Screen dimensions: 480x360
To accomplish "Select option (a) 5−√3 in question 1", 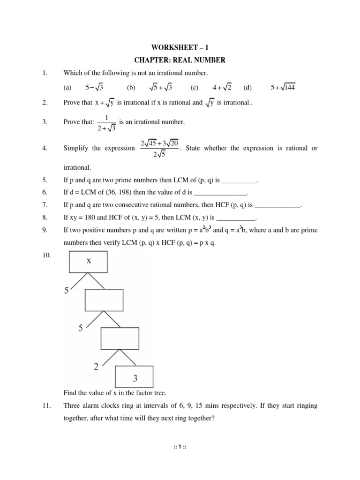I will (x=95, y=87).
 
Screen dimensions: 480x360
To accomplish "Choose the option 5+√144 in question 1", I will (x=283, y=87).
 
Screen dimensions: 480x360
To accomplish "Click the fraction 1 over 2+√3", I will (x=107, y=122).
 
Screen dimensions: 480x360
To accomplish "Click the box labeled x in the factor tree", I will (x=89, y=262).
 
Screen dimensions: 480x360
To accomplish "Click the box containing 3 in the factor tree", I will (x=134, y=377).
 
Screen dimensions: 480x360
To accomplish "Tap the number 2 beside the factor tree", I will (x=96, y=367).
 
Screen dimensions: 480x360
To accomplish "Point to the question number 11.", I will (x=45, y=406).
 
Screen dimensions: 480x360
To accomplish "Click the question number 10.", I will (x=45, y=255).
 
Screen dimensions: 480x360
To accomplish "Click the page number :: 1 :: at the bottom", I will (x=180, y=446).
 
